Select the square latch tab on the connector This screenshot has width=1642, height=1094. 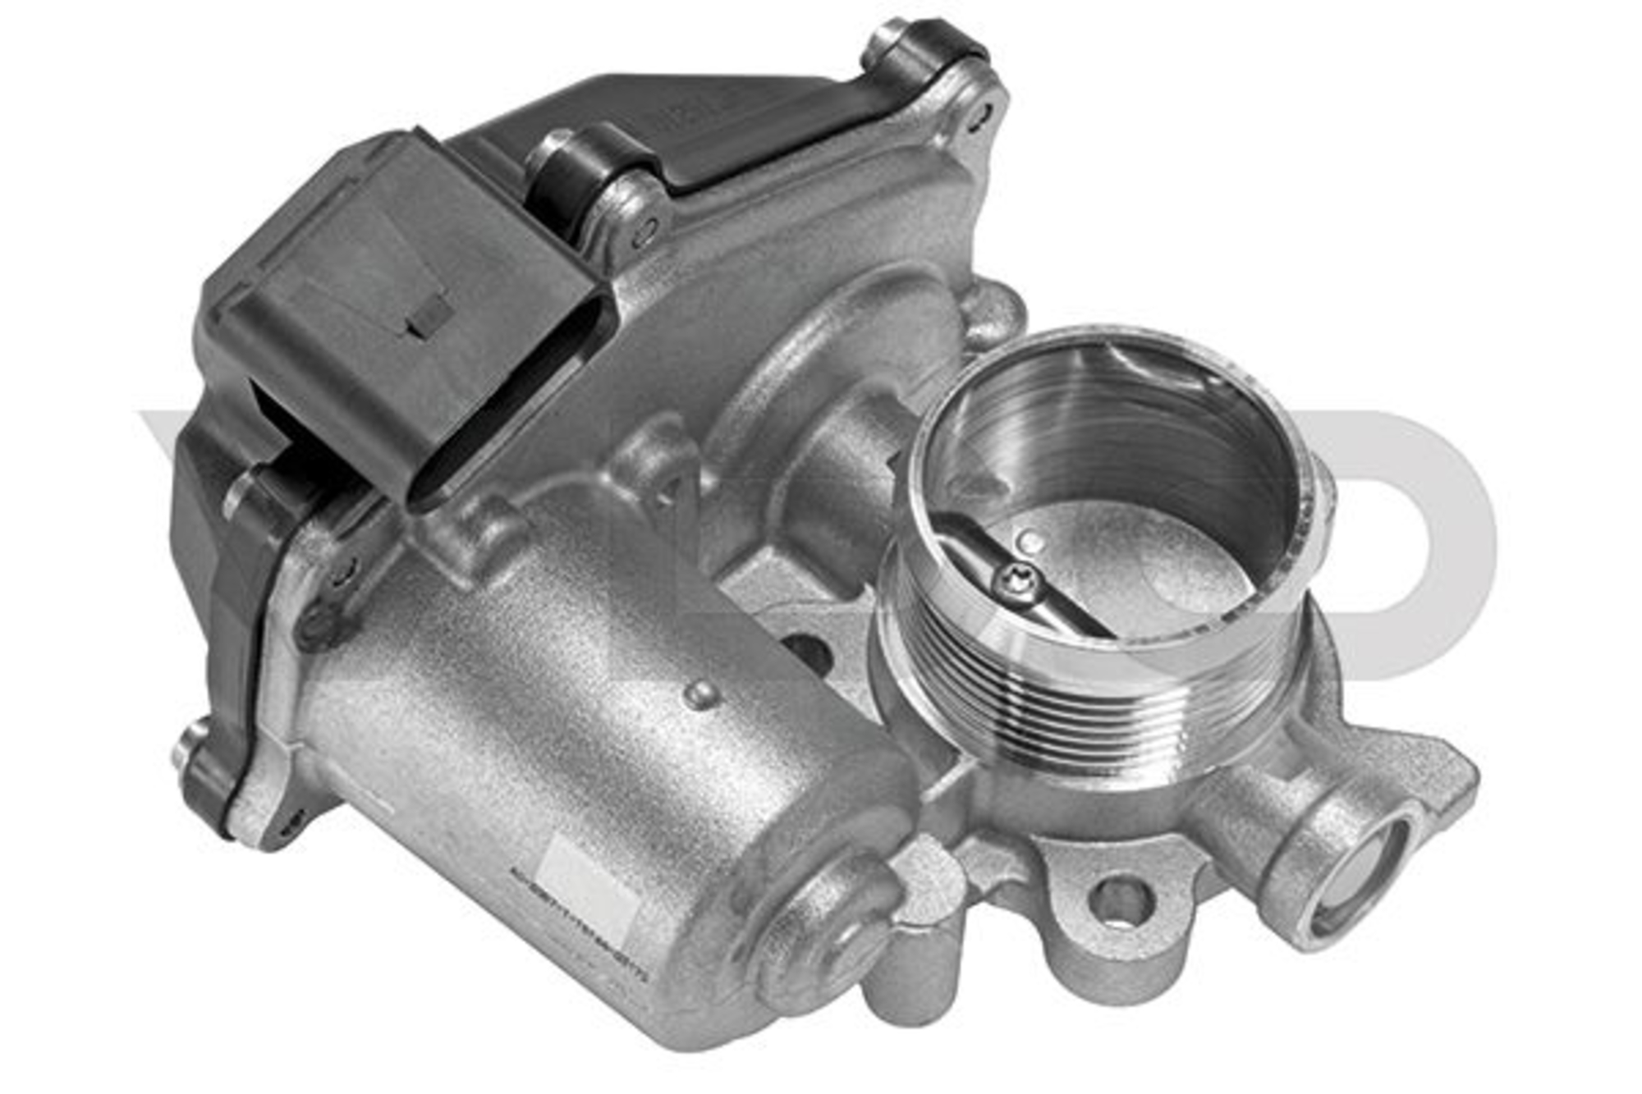tap(429, 316)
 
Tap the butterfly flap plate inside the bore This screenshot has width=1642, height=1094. tap(1149, 566)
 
